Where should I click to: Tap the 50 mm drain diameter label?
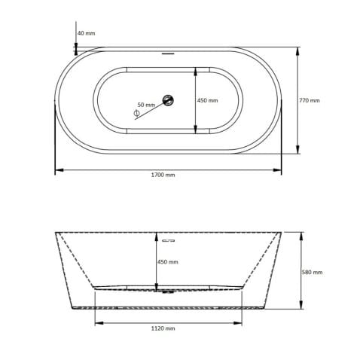click(x=146, y=104)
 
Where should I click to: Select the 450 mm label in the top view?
click(x=208, y=100)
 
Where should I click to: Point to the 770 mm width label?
click(x=310, y=100)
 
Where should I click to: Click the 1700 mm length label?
click(x=163, y=175)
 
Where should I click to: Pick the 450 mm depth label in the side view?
click(x=168, y=261)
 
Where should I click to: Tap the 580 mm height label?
click(x=312, y=272)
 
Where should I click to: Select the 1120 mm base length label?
click(x=163, y=328)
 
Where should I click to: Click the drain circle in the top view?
click(x=169, y=99)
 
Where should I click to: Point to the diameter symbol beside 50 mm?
click(x=136, y=113)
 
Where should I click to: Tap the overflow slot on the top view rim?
click(x=169, y=53)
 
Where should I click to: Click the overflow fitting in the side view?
click(x=169, y=240)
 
